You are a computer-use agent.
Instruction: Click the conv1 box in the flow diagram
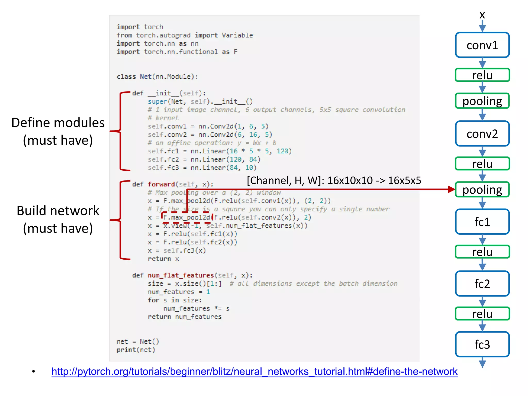tap(482, 45)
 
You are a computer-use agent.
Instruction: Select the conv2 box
tap(482, 134)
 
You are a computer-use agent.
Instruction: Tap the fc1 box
tap(482, 222)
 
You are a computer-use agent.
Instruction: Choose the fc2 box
tap(482, 284)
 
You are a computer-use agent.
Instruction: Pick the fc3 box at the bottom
tap(482, 344)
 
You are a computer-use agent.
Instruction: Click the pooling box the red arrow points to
tap(482, 189)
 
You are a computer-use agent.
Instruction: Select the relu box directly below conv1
tap(482, 75)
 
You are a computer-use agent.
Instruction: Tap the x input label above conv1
tap(482, 15)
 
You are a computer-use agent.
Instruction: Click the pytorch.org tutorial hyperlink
tap(254, 372)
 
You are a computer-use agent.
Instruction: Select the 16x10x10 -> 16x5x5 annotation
tap(334, 180)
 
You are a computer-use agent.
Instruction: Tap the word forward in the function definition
tap(161, 184)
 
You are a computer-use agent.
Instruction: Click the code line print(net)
tap(136, 350)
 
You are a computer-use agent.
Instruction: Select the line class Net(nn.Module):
tap(157, 77)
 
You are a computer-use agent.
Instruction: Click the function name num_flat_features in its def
tap(180, 275)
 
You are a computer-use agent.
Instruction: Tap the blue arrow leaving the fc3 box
tap(482, 362)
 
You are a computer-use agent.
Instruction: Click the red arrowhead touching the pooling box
tap(451, 189)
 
